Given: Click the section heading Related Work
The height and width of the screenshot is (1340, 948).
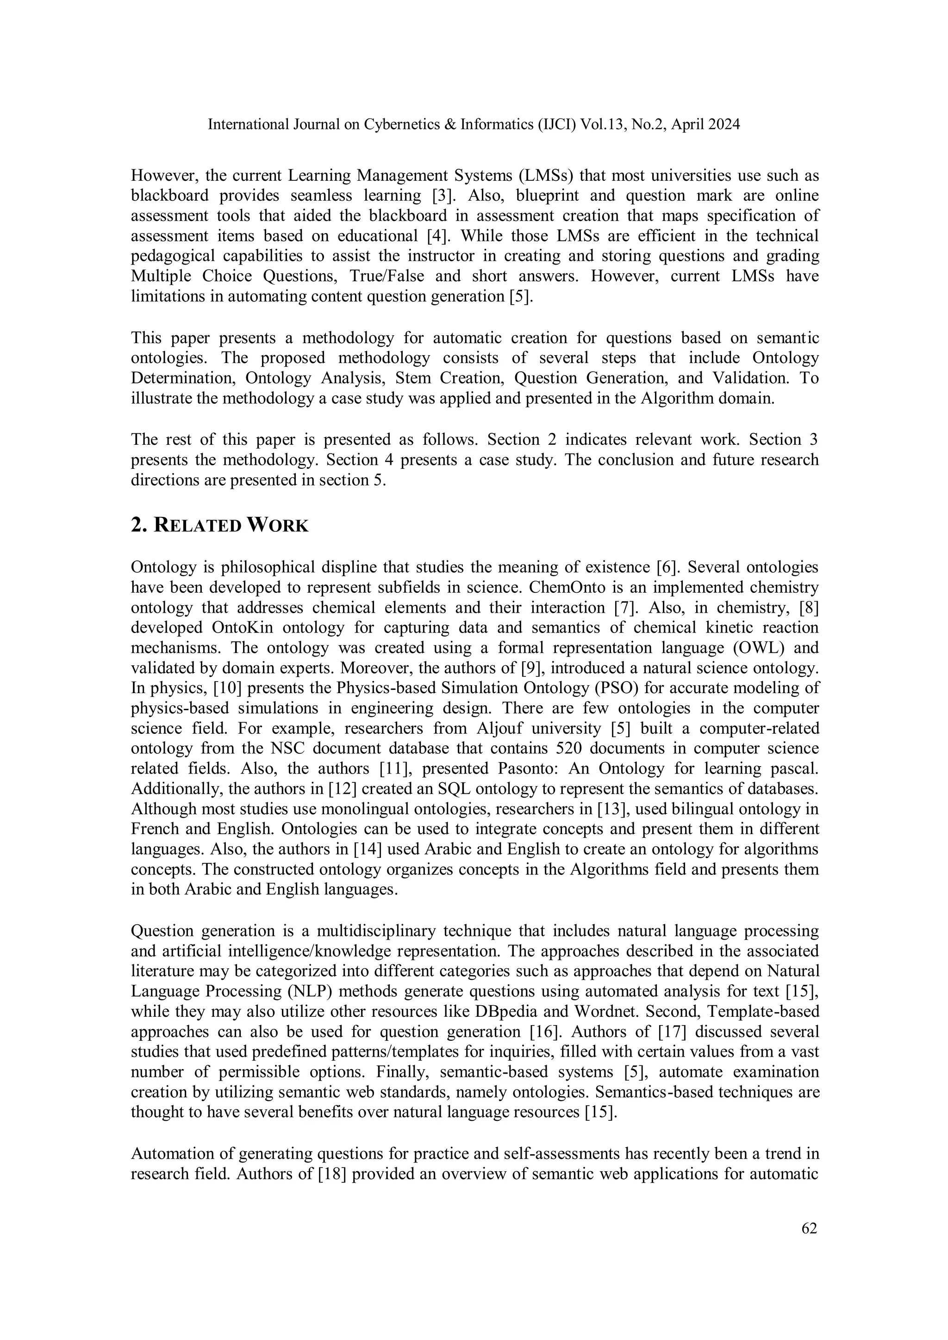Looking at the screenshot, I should point(219,525).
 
